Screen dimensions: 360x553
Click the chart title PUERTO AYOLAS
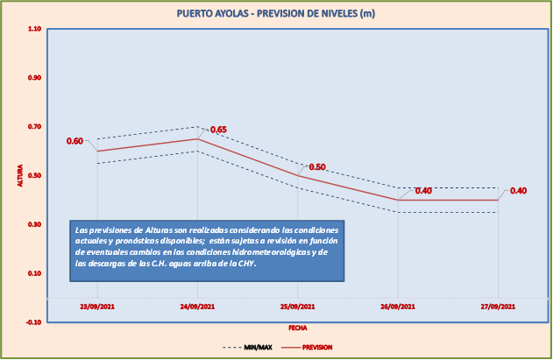(275, 14)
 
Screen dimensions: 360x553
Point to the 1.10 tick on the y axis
(34, 29)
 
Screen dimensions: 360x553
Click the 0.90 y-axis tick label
(34, 78)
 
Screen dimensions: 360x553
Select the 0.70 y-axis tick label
(34, 127)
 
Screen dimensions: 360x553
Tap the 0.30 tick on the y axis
(34, 225)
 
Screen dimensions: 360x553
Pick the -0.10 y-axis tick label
(33, 322)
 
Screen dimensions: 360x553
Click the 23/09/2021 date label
(96, 306)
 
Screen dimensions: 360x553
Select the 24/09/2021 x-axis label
(197, 306)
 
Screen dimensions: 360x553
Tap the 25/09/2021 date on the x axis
(297, 306)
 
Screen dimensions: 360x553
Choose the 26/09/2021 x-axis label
(398, 306)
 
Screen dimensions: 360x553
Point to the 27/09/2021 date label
(498, 306)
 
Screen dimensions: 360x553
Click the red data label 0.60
(74, 141)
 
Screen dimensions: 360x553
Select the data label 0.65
(218, 130)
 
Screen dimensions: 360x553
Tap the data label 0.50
(317, 166)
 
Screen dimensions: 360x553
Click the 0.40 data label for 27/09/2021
(518, 191)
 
